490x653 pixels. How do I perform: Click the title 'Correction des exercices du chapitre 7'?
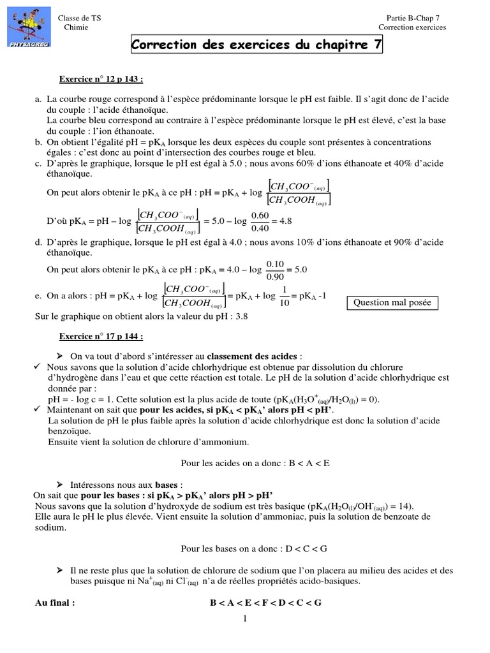256,45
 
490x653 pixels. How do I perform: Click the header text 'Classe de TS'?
79,18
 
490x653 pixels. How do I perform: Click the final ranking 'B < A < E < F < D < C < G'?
265,602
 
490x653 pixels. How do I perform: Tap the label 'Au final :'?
55,602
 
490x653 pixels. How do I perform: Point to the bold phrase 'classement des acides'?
251,356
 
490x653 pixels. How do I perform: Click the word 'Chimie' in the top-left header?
77,27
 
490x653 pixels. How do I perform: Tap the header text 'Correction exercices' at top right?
412,27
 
